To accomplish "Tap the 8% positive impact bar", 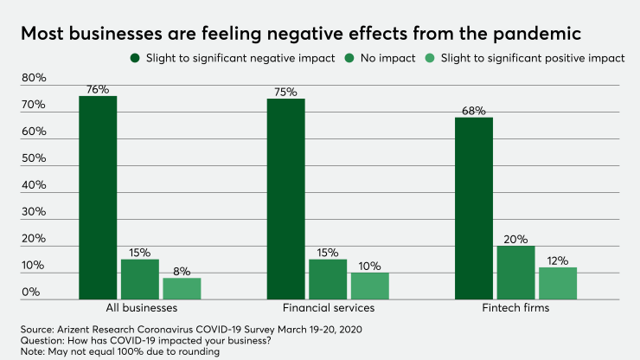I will (182, 288).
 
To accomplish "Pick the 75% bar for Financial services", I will (285, 199).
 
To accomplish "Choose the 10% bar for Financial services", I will (369, 286).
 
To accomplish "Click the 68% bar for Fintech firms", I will (474, 208).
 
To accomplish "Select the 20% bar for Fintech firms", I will (515, 273).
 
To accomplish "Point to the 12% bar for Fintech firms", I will (558, 283).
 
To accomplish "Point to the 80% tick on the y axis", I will (34, 78).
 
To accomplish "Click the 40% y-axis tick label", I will (34, 185).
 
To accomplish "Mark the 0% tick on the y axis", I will (31, 292).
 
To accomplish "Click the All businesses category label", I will (140, 307).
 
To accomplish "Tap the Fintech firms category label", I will (515, 307).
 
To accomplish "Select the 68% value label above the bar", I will (474, 111).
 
